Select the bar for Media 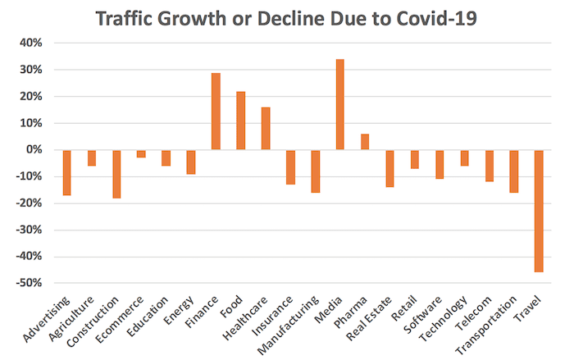(x=339, y=104)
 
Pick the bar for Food (x=240, y=121)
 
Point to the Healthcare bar (x=265, y=129)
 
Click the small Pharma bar (x=365, y=142)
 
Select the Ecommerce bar (x=141, y=153)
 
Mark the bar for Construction (x=116, y=174)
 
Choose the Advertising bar (x=66, y=172)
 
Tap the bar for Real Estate (x=389, y=168)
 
